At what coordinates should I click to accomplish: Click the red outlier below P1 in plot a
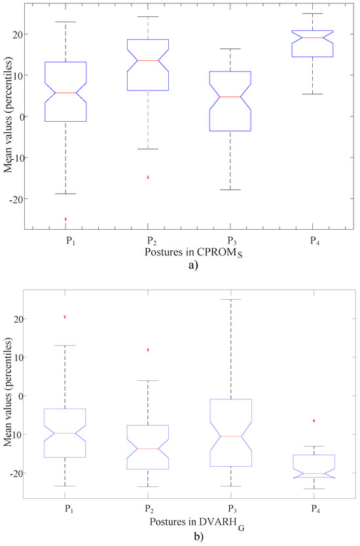coord(65,219)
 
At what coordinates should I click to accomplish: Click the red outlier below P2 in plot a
coord(148,177)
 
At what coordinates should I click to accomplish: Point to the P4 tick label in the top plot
coord(313,239)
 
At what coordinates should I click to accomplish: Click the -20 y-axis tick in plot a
coord(16,198)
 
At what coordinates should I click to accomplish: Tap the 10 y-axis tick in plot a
coord(17,75)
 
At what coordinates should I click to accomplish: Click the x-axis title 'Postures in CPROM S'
coord(190,251)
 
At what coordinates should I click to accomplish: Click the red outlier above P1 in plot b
coord(65,317)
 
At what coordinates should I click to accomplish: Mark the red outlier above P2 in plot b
coord(148,350)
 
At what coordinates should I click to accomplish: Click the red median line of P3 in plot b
coord(230,436)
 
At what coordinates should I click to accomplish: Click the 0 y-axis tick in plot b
coord(19,395)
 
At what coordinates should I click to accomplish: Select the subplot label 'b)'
coord(189,536)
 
